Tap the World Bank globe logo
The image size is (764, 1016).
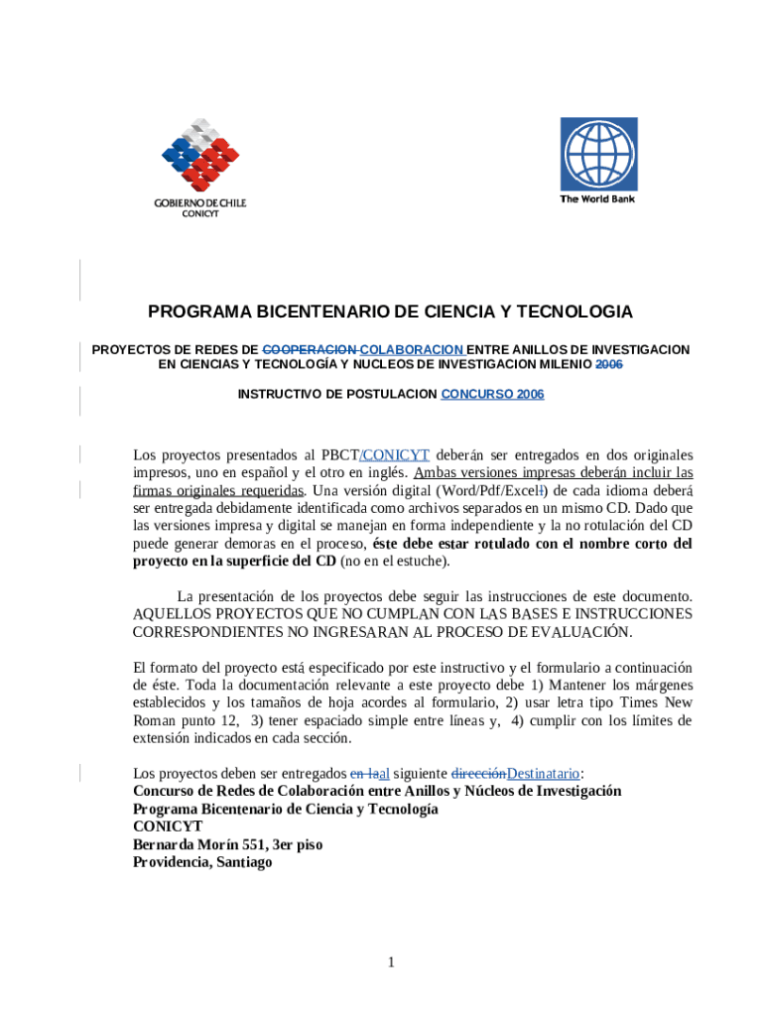(598, 154)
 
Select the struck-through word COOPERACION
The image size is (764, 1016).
(310, 350)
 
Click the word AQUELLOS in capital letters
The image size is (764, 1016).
(170, 614)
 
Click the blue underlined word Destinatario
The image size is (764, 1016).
(543, 774)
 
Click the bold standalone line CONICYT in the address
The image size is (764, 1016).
(168, 826)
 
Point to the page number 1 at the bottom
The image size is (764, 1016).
(391, 961)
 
